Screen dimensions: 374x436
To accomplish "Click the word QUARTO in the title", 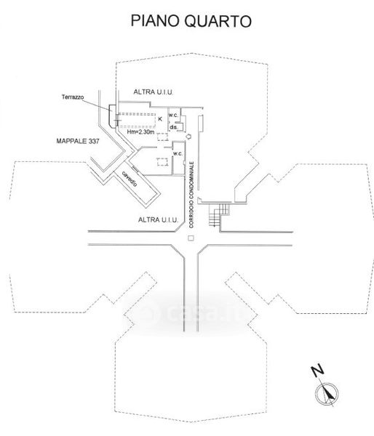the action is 218,21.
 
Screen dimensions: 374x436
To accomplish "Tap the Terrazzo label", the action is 73,97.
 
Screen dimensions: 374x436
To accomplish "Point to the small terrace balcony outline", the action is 112,116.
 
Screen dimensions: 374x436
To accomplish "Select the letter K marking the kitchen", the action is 160,119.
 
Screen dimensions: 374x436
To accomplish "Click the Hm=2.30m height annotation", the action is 140,132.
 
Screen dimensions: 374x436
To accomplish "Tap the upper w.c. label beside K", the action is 173,115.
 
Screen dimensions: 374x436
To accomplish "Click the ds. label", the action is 174,127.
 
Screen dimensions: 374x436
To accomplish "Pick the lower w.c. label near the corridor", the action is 178,153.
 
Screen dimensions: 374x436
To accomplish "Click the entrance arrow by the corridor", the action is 188,137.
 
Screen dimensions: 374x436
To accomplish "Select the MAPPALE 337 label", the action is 78,141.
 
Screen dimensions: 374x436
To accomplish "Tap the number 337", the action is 94,141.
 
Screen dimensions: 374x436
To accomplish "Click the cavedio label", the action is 130,179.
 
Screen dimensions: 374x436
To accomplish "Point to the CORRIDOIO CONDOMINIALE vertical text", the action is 191,195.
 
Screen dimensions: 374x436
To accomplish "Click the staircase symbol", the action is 219,214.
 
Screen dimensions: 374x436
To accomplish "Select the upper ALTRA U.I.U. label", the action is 153,92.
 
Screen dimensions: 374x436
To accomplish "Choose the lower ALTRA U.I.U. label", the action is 158,219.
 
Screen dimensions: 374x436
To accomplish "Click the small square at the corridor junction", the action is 191,238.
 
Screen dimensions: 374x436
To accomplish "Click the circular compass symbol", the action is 327,394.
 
